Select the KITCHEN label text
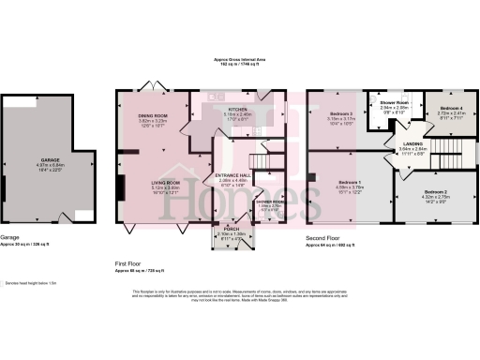pos(236,109)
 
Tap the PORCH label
pos(229,229)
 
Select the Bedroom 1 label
pos(349,182)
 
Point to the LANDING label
pos(400,142)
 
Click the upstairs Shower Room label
pos(395,103)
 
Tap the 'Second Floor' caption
pos(322,238)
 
